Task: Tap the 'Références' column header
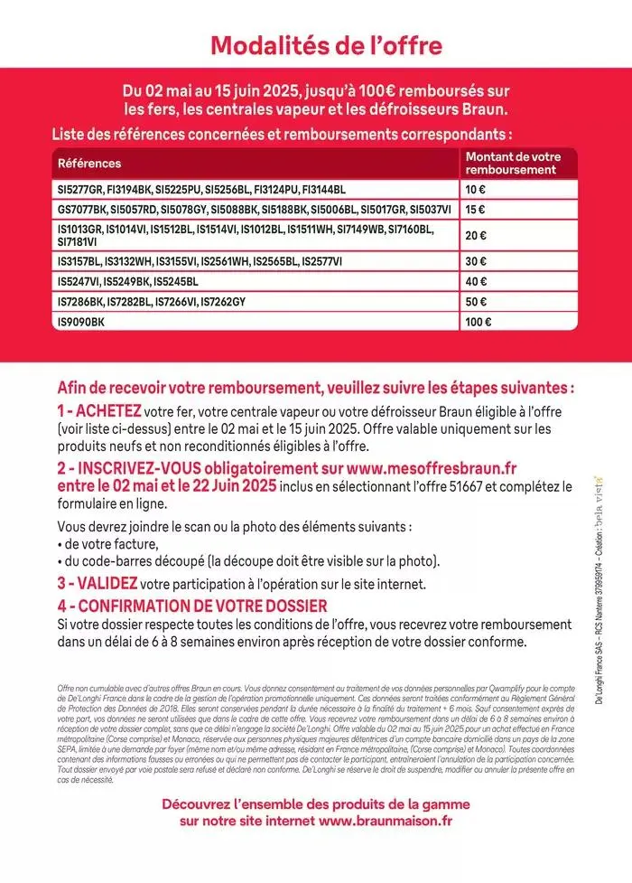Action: [x=88, y=164]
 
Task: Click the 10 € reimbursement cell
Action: [x=475, y=190]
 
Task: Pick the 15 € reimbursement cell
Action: [x=475, y=210]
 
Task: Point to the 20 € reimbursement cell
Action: [x=475, y=235]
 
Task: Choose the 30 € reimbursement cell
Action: [x=475, y=261]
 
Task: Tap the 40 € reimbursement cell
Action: [x=475, y=281]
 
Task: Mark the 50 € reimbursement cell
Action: [x=475, y=301]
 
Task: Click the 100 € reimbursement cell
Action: [x=479, y=321]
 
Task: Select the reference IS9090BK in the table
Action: [x=81, y=321]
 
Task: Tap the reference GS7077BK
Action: [x=82, y=210]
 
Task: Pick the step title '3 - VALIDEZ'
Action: [x=98, y=585]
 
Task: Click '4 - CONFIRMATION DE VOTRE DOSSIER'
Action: [x=191, y=606]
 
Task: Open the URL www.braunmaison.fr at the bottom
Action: [x=386, y=821]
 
